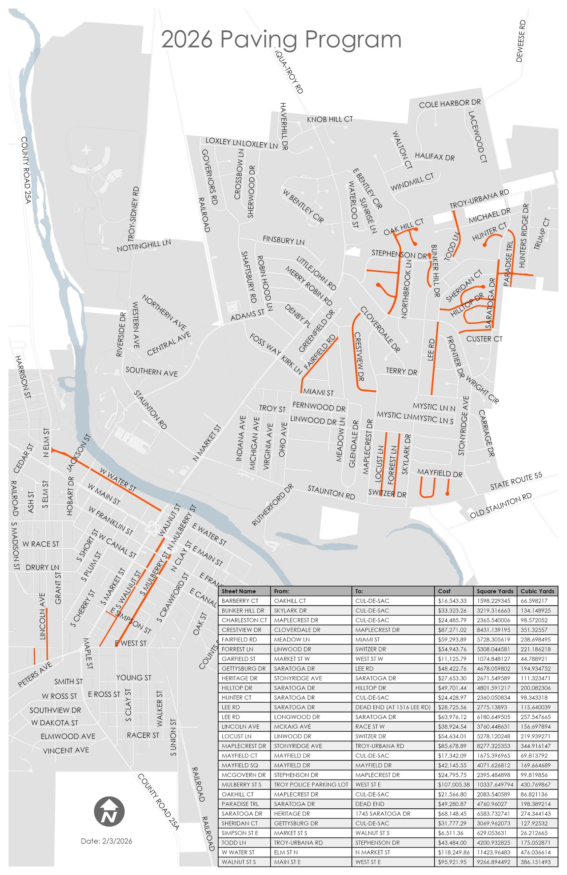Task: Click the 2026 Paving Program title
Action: tap(281, 40)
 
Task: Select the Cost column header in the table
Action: tap(444, 591)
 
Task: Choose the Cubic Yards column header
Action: tap(537, 591)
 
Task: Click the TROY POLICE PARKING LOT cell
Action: tap(311, 784)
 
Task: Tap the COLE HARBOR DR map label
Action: tap(450, 104)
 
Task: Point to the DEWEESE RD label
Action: tap(520, 41)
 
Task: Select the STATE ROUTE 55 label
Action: tap(516, 481)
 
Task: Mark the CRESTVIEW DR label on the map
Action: tap(359, 356)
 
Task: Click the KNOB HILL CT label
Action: tap(330, 119)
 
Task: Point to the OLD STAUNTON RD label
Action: tap(500, 505)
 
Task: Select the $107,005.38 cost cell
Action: tap(453, 784)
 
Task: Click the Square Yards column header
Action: tap(495, 591)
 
